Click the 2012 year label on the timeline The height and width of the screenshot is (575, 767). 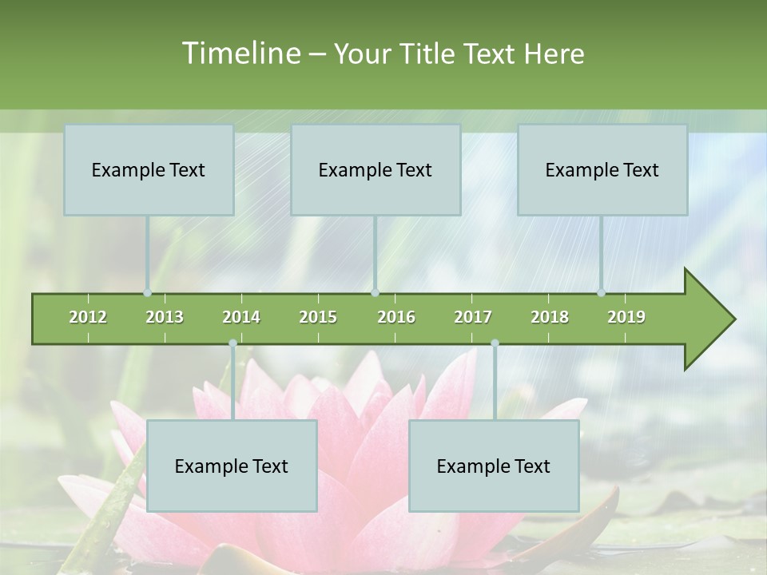tap(88, 317)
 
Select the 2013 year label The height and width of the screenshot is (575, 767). tap(165, 317)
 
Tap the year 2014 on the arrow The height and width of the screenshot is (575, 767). tap(241, 317)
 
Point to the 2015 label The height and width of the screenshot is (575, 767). tap(318, 317)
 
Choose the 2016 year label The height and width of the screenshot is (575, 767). tap(396, 317)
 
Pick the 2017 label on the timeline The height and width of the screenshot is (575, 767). tap(473, 317)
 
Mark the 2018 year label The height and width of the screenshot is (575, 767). tap(550, 317)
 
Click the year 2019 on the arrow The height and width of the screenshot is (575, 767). tap(626, 317)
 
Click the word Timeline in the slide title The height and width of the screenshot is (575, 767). tap(240, 54)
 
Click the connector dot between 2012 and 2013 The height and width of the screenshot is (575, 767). tap(148, 292)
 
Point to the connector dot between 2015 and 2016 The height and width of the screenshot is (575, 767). tap(376, 292)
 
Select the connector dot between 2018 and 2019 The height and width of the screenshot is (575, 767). tap(602, 292)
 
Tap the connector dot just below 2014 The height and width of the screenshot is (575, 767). tap(232, 343)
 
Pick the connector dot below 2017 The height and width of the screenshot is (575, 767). tap(495, 343)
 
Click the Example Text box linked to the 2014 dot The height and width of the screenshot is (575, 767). tap(232, 466)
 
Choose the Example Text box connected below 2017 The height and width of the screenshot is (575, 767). tap(494, 466)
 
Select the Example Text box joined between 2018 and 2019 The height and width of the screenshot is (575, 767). tap(602, 169)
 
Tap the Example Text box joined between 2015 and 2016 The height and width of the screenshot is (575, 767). tap(376, 169)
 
